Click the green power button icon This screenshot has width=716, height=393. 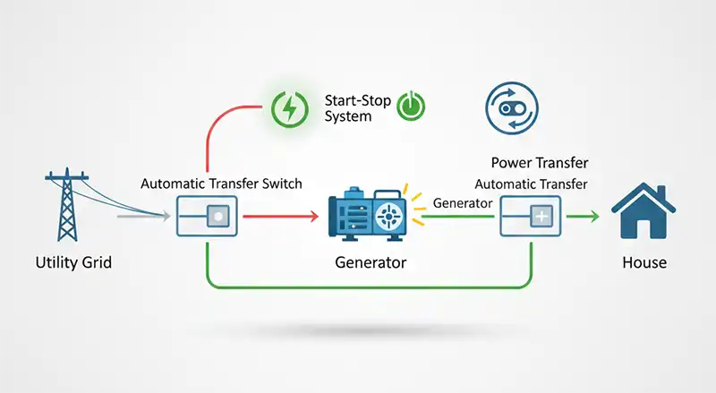411,106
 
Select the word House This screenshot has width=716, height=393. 644,264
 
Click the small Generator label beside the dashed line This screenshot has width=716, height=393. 463,204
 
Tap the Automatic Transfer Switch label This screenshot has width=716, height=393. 221,184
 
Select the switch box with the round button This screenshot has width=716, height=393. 207,217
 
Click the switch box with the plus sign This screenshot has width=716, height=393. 531,217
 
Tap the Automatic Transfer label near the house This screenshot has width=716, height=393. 531,184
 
